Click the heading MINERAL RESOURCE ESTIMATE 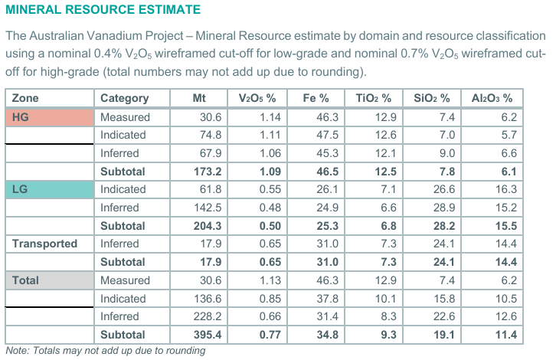tap(103, 10)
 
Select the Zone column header tap(25, 98)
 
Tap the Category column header tap(125, 98)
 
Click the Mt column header tap(199, 98)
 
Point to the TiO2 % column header tap(374, 98)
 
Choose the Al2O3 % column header tap(492, 98)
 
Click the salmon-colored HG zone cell tap(50, 117)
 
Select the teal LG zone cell tap(50, 189)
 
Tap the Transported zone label tap(44, 244)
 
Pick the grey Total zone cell tap(50, 280)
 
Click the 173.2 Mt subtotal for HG tap(208, 172)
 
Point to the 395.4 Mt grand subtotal tap(208, 335)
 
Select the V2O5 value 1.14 tap(270, 117)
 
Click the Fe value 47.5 tap(327, 135)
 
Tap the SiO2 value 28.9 tap(444, 208)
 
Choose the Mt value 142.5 tap(208, 208)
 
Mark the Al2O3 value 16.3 tap(506, 189)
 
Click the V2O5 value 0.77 tap(270, 335)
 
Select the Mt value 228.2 tap(208, 316)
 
